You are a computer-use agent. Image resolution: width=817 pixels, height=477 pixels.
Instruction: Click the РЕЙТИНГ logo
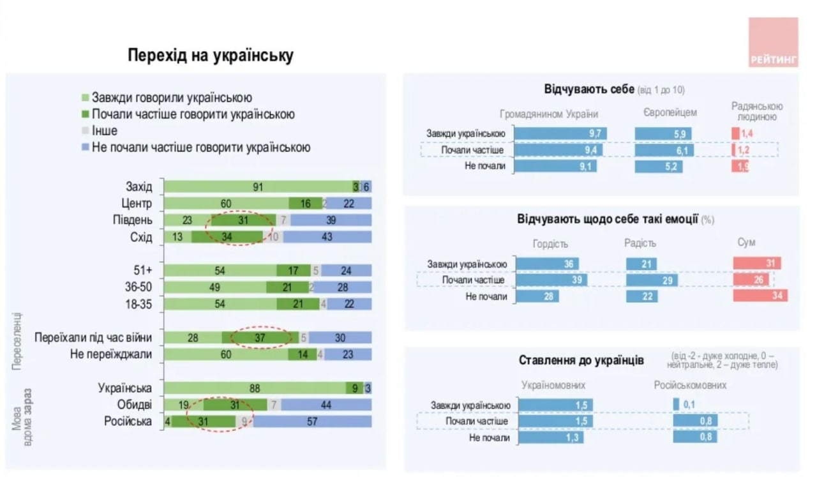pyautogui.click(x=773, y=43)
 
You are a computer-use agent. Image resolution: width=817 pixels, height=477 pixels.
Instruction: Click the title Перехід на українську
pyautogui.click(x=211, y=56)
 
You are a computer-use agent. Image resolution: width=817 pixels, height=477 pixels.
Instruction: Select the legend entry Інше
pyautogui.click(x=104, y=131)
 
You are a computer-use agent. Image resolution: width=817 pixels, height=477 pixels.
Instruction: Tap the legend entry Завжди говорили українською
pyautogui.click(x=172, y=98)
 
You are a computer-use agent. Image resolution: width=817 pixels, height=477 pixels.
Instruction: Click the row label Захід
pyautogui.click(x=139, y=187)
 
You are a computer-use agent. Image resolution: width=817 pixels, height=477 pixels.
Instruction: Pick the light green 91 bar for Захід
pyautogui.click(x=258, y=187)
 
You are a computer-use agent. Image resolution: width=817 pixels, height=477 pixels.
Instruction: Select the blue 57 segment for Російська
pyautogui.click(x=312, y=421)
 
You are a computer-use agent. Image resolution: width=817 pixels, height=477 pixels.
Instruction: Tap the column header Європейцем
pyautogui.click(x=670, y=113)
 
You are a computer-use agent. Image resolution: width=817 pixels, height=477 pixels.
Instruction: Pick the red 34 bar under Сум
pyautogui.click(x=760, y=296)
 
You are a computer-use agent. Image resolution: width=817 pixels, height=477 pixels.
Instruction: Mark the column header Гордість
pyautogui.click(x=550, y=243)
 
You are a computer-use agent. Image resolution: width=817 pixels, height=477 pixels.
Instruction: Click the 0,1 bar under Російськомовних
pyautogui.click(x=676, y=404)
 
